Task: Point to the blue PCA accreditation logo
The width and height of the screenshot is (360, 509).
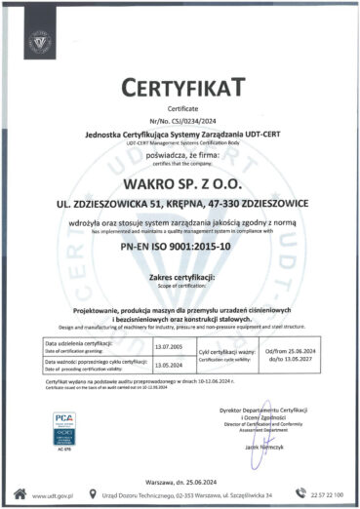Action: click(64, 425)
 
